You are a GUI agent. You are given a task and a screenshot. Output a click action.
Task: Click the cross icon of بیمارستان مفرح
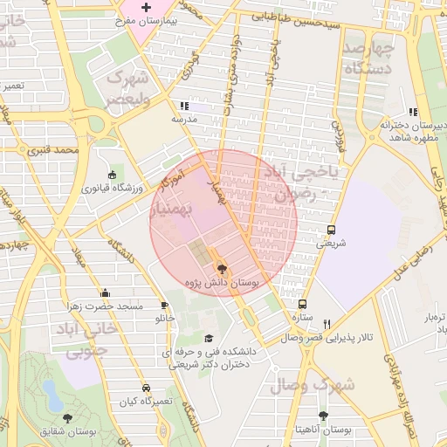point(147,7)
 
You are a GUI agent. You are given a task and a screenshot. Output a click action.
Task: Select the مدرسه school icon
point(184,106)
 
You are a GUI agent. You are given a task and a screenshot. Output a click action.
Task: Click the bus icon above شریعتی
point(330,230)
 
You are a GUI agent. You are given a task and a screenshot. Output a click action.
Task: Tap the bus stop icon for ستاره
point(302,305)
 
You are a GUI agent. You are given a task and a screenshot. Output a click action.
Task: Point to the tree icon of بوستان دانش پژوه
point(221,269)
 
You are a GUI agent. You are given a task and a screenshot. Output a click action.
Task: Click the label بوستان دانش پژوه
point(223,284)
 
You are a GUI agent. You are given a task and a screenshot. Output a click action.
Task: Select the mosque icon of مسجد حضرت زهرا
point(106,293)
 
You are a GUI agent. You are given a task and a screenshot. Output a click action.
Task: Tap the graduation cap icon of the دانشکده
point(208,339)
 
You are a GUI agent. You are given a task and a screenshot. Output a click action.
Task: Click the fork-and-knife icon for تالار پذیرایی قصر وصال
point(327,324)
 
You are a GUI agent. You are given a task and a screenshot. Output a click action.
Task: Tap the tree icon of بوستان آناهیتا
point(324,416)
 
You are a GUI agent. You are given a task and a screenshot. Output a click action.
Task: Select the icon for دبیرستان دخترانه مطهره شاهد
point(413,112)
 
